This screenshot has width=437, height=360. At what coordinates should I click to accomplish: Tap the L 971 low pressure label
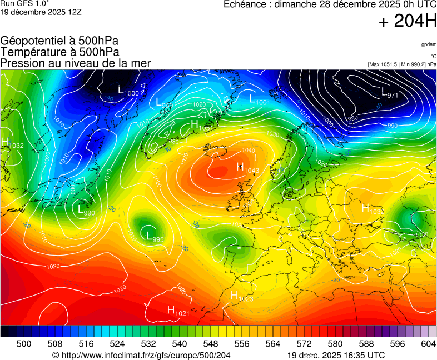pyautogui.click(x=390, y=93)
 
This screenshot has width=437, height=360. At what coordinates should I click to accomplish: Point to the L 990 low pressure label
pyautogui.click(x=86, y=211)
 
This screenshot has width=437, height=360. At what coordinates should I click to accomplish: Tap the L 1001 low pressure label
pyautogui.click(x=259, y=100)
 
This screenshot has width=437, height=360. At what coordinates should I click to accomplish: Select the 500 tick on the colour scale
pyautogui.click(x=24, y=344)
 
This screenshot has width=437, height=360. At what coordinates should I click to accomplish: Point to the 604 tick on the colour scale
pyautogui.click(x=428, y=344)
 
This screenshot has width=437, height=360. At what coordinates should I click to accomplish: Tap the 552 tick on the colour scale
pyautogui.click(x=226, y=344)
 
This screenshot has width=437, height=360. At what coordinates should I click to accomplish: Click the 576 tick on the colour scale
pyautogui.click(x=319, y=344)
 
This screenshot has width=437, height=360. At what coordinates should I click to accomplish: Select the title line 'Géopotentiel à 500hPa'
pyautogui.click(x=59, y=41)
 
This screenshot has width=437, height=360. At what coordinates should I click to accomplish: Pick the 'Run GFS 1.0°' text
pyautogui.click(x=24, y=3)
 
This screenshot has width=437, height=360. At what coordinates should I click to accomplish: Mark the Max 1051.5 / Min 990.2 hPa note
pyautogui.click(x=402, y=64)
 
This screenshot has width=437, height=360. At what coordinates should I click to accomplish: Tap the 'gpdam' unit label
pyautogui.click(x=428, y=44)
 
